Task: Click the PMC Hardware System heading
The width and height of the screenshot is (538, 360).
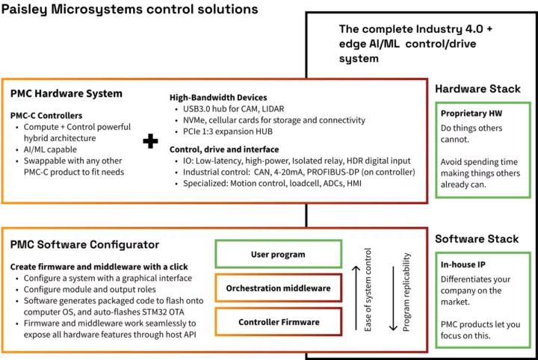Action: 67,94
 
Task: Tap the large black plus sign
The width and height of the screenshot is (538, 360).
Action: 151,141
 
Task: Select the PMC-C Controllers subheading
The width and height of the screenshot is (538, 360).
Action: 46,116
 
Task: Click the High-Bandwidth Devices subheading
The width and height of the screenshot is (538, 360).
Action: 217,98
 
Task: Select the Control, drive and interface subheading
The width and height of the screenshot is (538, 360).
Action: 224,149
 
